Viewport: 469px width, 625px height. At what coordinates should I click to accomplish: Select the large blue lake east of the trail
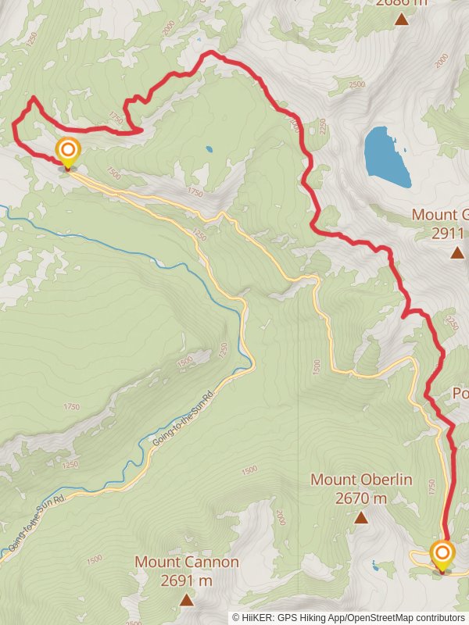pyautogui.click(x=388, y=155)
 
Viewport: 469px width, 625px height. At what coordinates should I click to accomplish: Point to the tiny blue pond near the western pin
pyautogui.click(x=209, y=148)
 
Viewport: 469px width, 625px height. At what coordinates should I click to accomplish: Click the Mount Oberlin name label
pyautogui.click(x=361, y=479)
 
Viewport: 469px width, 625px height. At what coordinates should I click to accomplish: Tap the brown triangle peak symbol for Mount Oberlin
pyautogui.click(x=361, y=517)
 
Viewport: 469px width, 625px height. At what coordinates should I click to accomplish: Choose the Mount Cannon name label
pyautogui.click(x=186, y=562)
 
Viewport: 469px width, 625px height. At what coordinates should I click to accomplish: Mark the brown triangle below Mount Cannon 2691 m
pyautogui.click(x=186, y=599)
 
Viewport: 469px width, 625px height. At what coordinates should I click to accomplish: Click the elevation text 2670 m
pyautogui.click(x=361, y=498)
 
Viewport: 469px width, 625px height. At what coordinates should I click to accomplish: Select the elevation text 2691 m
pyautogui.click(x=186, y=580)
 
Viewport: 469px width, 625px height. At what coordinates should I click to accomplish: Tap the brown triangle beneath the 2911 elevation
pyautogui.click(x=456, y=252)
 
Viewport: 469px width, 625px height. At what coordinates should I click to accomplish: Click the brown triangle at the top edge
pyautogui.click(x=402, y=19)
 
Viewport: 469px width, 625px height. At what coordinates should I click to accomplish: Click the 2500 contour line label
pyautogui.click(x=356, y=84)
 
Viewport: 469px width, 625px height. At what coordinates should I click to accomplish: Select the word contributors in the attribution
pyautogui.click(x=438, y=617)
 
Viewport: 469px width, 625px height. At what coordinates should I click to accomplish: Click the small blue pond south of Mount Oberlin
pyautogui.click(x=378, y=564)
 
